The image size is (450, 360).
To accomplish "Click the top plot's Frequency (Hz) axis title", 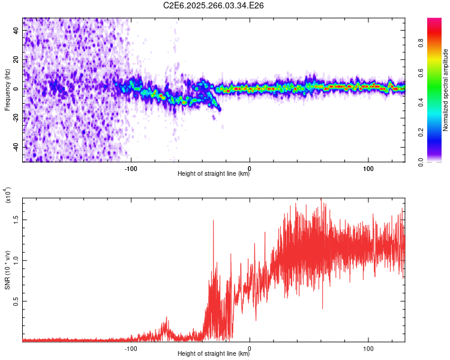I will pos(7,89).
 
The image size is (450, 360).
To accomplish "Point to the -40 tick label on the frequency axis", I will pos(16,147).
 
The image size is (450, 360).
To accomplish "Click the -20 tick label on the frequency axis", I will pos(16,118).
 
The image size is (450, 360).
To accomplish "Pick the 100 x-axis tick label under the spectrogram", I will pos(367,168).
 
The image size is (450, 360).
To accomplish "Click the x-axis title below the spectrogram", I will pos(214,174).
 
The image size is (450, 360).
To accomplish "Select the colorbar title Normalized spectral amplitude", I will pos(446,90).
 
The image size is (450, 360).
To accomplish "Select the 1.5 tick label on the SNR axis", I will pos(17,220).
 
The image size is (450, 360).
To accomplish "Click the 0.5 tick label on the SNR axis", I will pos(17,301).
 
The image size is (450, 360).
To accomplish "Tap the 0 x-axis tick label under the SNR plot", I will pos(250,348).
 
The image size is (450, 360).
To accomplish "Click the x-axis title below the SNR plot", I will pos(214,354).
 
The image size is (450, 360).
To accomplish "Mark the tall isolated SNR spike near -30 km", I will pos(213,221).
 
